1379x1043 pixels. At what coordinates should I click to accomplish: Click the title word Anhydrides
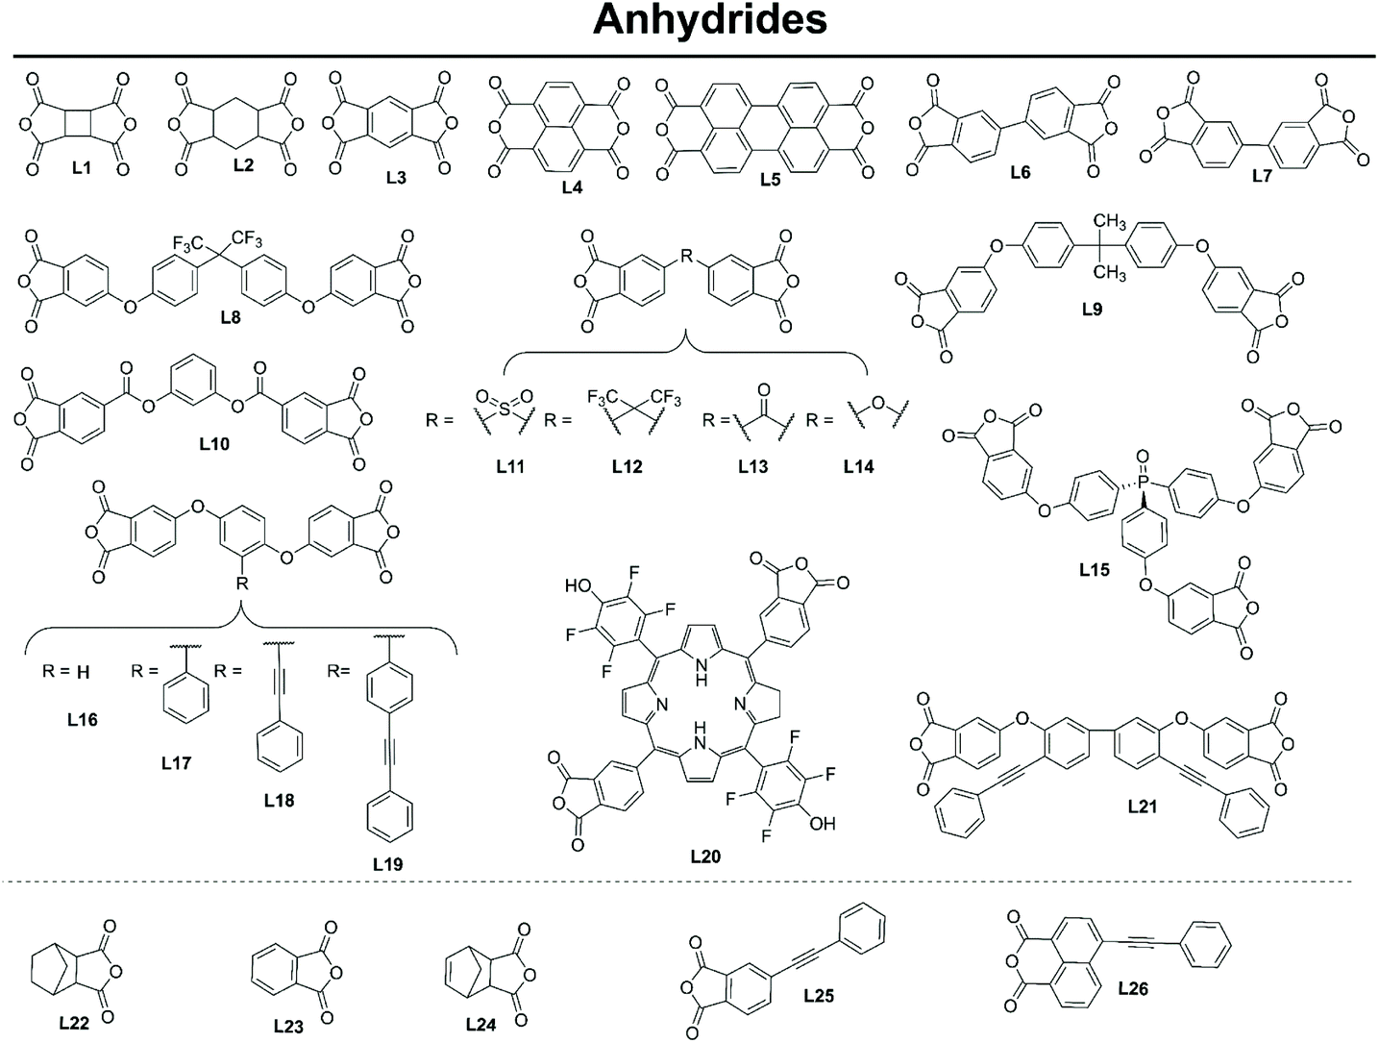[x=709, y=19]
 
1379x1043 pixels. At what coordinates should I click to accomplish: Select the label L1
[x=82, y=168]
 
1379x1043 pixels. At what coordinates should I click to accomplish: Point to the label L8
[x=231, y=317]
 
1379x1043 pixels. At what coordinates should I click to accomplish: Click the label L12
[x=627, y=467]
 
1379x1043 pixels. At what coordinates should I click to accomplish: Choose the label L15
[x=1094, y=569]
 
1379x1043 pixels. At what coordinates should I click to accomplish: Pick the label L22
[x=73, y=1023]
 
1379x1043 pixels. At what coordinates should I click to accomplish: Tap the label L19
[x=387, y=863]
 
